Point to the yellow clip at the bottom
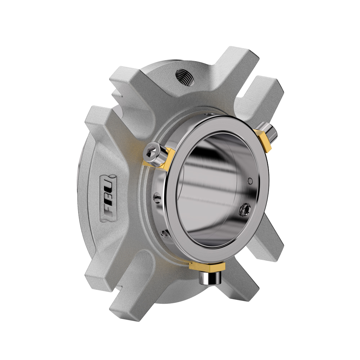pos(207,267)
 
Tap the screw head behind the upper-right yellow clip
pos(271,130)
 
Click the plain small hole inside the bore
pos(250,181)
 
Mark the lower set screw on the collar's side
pos(165,234)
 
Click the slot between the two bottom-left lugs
pos(108,284)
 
